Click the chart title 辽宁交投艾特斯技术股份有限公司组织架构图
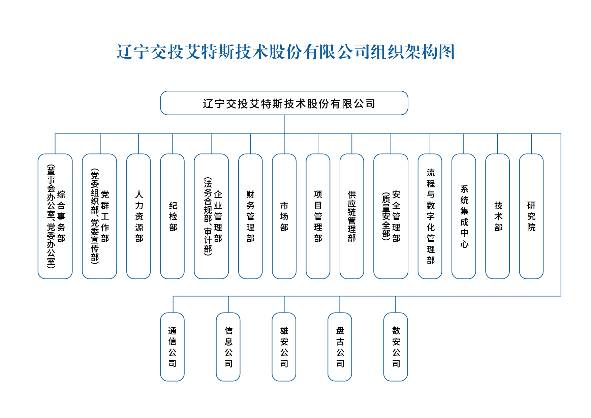[x=286, y=52]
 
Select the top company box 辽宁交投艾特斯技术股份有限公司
[x=284, y=103]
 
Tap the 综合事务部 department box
[x=55, y=216]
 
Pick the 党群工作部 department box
[x=99, y=216]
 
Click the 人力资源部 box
[x=138, y=216]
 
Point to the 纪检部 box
[x=173, y=216]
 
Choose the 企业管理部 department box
[x=211, y=216]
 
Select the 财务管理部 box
[x=250, y=216]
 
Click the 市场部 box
[x=284, y=216]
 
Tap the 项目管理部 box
[x=318, y=216]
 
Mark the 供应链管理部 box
[x=352, y=216]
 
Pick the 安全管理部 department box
[x=391, y=216]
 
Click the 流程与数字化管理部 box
[x=430, y=216]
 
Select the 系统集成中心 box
[x=464, y=216]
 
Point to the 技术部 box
[x=498, y=216]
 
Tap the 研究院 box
[x=531, y=216]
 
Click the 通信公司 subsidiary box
[x=173, y=347]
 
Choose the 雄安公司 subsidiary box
[x=284, y=347]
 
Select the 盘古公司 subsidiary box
[x=340, y=347]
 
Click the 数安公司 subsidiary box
[x=396, y=347]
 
